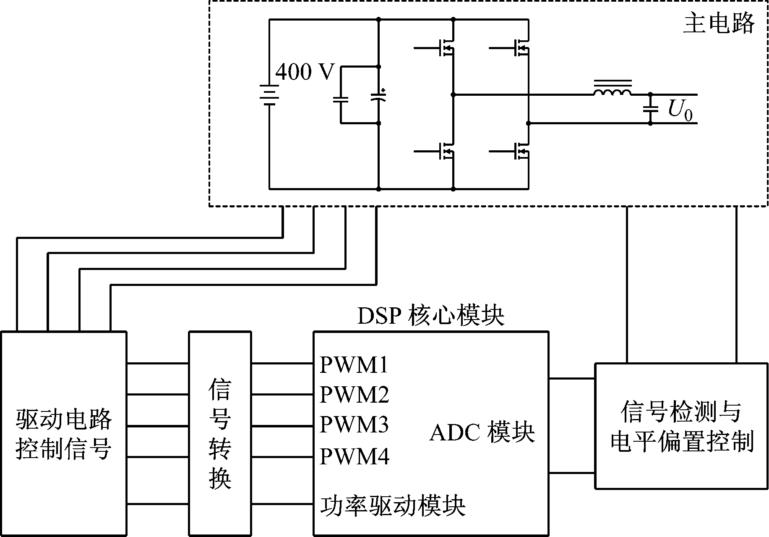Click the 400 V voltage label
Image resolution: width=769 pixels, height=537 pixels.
point(305,72)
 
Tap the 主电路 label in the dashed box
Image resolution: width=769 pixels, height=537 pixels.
point(719,24)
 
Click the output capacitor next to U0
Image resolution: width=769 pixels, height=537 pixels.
point(651,109)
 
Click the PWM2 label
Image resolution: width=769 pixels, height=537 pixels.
point(354,395)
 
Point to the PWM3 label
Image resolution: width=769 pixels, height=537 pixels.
point(354,425)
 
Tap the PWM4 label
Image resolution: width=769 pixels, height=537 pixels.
point(354,456)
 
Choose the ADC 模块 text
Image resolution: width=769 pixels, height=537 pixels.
point(482,432)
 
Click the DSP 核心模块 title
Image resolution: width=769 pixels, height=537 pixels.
point(430,316)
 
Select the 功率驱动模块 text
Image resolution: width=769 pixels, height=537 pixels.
point(393,506)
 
